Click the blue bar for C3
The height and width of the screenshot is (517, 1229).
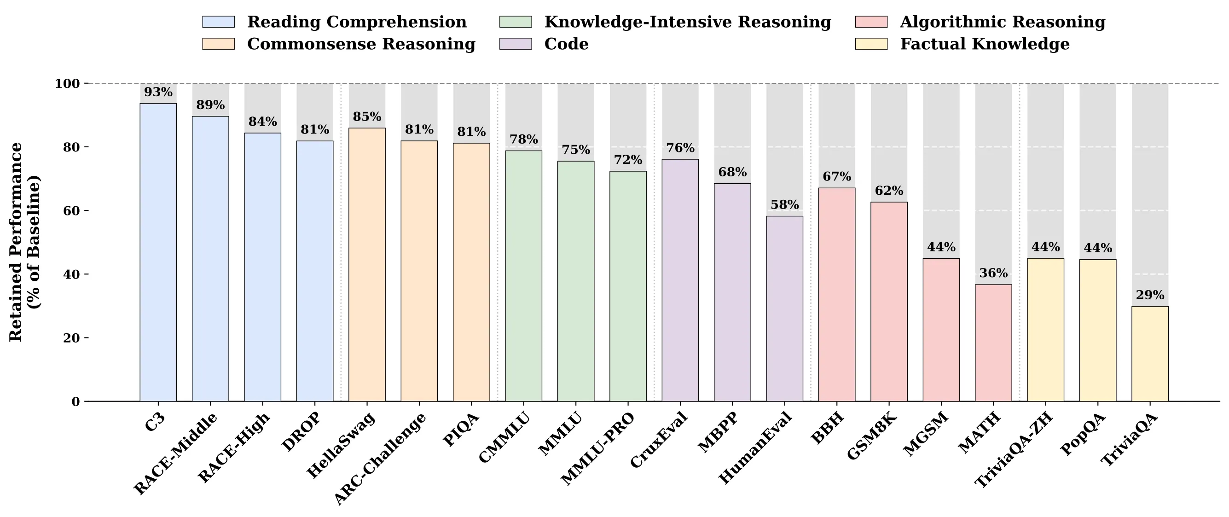[158, 252]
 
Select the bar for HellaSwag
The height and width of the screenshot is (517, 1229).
[367, 264]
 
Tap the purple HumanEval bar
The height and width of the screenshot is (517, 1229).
[784, 309]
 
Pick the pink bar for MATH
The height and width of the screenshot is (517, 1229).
[993, 343]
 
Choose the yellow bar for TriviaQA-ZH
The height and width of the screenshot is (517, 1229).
[1045, 330]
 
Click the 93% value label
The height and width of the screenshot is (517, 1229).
[158, 92]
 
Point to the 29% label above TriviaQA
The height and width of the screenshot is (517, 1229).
[1150, 295]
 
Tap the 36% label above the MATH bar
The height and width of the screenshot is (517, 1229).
[993, 273]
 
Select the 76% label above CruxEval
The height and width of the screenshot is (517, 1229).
[680, 147]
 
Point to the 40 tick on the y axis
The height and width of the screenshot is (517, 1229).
[71, 274]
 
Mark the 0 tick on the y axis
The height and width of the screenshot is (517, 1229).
[76, 402]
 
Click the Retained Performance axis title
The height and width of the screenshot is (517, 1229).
[25, 242]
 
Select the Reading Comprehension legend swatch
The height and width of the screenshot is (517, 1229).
[219, 22]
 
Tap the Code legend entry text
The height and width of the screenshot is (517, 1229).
[566, 44]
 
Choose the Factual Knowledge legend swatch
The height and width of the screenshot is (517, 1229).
[871, 44]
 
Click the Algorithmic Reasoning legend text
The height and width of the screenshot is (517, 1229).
[1003, 22]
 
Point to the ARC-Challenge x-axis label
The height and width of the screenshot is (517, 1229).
[380, 458]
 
